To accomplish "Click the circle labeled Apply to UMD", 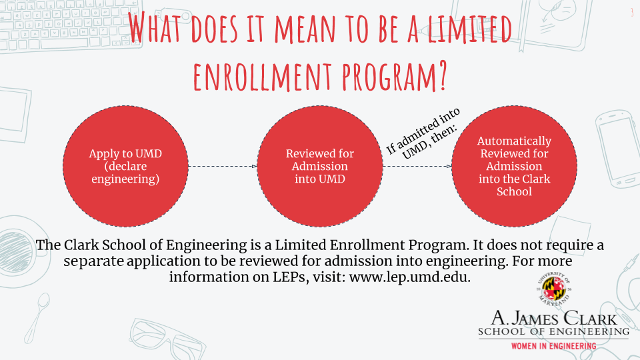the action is (125, 166).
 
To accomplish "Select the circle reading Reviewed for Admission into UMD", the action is (320, 166).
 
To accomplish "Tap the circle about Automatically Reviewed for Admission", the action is (514, 166).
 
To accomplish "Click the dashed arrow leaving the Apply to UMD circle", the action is (223, 166).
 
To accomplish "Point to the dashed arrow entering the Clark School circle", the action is (417, 166).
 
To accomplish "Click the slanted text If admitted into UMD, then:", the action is (423, 133).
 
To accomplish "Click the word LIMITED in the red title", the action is (469, 29).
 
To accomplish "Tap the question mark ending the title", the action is (441, 76).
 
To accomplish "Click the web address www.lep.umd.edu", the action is (410, 277).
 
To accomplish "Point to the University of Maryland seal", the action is (554, 289).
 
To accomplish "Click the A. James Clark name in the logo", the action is (554, 318).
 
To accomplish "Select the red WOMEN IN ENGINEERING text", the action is (554, 346).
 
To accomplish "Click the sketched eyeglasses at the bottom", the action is (167, 339).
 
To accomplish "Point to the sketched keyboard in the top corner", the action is (70, 25).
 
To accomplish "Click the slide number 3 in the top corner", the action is (632, 12).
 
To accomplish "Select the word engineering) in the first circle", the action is (125, 179).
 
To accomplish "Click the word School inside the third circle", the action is (514, 191).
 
